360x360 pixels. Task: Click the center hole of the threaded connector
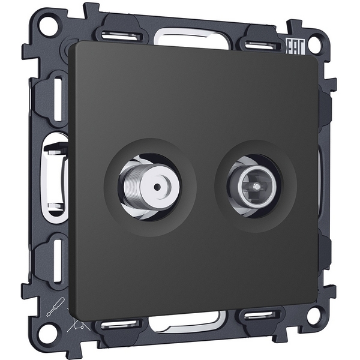157,187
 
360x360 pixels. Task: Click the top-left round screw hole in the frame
48,24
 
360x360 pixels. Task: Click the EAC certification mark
295,47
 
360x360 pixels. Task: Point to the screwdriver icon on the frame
55,307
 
